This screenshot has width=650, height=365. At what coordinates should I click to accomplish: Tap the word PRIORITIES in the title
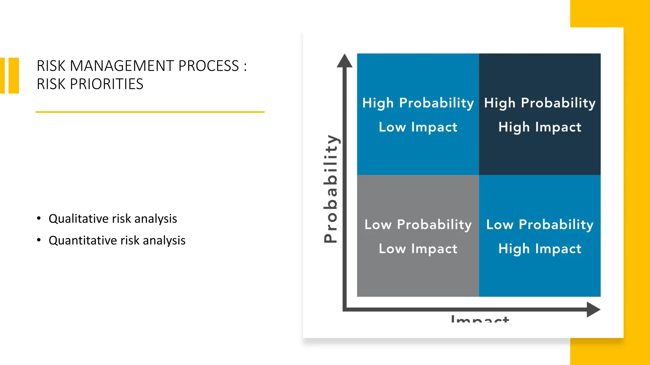coord(107,84)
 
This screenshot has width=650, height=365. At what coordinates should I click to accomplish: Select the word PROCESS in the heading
coord(208,66)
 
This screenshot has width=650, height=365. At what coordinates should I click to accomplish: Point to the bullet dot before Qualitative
coord(39,218)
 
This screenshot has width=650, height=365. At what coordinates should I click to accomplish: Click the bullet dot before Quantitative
coord(39,240)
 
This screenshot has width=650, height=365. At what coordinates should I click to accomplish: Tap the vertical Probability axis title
coord(331,189)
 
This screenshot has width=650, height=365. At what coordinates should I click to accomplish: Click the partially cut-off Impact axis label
coord(480,319)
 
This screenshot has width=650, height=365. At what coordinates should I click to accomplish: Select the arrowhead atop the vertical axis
coord(344,61)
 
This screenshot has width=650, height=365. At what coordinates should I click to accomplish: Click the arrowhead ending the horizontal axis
coord(593,309)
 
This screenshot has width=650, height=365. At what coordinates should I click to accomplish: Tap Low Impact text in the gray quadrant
coord(418,249)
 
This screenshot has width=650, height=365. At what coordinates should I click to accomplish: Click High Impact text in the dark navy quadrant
coord(540,127)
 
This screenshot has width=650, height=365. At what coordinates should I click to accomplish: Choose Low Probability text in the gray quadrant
coord(418,225)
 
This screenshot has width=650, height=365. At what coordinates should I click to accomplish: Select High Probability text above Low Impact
coord(418,103)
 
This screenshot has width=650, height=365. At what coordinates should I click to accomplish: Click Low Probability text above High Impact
coord(540,225)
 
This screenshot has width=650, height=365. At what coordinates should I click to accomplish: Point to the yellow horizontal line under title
coord(150,112)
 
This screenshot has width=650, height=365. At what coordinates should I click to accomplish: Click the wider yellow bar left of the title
coord(14,75)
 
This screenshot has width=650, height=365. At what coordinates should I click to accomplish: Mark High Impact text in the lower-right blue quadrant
coord(540,249)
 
